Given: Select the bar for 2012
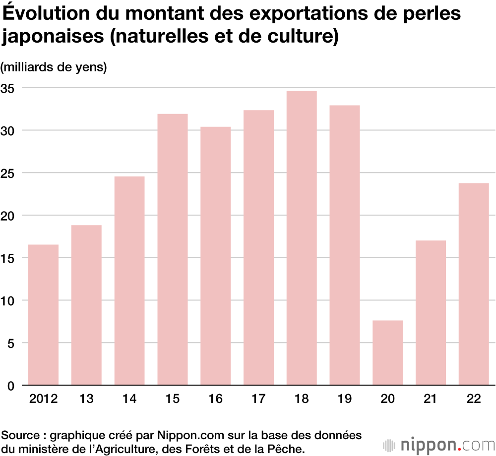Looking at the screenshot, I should pyautogui.click(x=43, y=315).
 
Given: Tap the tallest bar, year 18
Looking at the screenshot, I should pyautogui.click(x=302, y=238).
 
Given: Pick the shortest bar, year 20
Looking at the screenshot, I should pyautogui.click(x=387, y=353).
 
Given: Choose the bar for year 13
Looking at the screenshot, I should pyautogui.click(x=86, y=305).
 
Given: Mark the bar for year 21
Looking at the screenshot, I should pyautogui.click(x=431, y=313).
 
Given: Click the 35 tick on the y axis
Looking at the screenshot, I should pyautogui.click(x=10, y=88).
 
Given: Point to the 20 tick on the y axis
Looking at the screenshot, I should pyautogui.click(x=10, y=216).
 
